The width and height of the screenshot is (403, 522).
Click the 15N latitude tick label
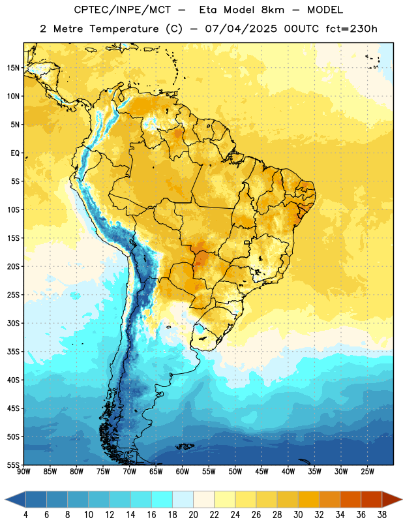[x=13, y=68]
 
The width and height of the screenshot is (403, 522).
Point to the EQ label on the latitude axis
[x=15, y=153]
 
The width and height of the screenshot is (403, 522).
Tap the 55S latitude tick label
[x=13, y=465]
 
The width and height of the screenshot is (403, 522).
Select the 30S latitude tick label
[x=13, y=323]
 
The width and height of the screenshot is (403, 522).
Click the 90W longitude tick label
[x=23, y=472]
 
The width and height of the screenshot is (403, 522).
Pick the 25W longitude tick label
[x=367, y=472]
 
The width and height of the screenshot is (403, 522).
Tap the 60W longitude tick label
[x=183, y=472]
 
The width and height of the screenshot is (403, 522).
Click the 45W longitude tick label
[x=261, y=472]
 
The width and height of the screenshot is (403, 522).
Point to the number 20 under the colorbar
[x=193, y=515]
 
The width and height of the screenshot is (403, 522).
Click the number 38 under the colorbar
[x=381, y=515]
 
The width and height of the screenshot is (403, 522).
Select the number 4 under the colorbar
[x=25, y=515]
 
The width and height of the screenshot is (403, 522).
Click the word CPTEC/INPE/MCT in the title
[x=122, y=10]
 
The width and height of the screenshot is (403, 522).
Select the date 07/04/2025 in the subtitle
[x=241, y=29]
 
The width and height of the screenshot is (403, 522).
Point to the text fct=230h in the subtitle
[x=351, y=29]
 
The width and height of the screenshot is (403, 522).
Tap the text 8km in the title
[x=273, y=10]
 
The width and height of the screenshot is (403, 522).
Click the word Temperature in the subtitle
[x=124, y=29]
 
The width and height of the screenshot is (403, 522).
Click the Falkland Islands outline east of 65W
[x=185, y=446]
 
